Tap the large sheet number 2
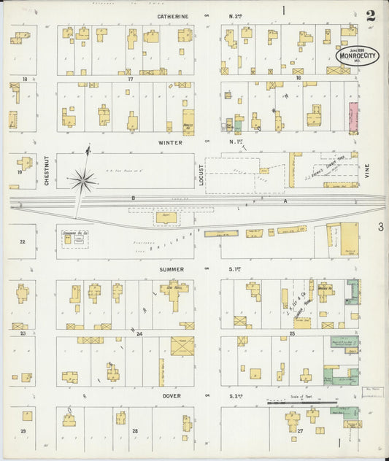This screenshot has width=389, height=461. pos(372,15)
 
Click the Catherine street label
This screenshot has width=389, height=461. pos(172,16)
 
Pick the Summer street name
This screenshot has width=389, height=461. pos(172,269)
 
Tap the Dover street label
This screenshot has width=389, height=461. pos(172,396)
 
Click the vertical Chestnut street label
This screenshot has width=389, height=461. pos(46,171)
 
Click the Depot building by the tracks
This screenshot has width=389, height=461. pos(165,217)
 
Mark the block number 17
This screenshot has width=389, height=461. pos(130,77)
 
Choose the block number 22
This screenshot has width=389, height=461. pos(23,241)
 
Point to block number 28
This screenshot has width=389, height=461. pos(134,431)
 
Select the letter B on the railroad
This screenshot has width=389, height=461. pos(134,198)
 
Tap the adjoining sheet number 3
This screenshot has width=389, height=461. pos(380,228)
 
